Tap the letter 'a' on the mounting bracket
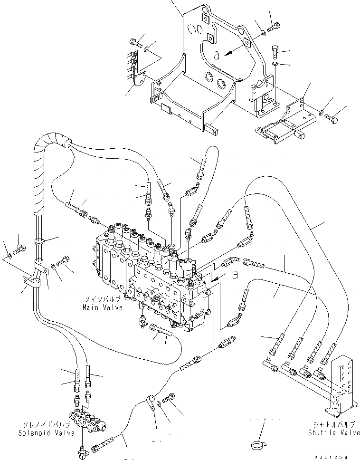click(217, 55)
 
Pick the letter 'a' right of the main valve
click(234, 274)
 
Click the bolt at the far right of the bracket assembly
click(333, 120)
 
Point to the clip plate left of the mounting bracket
click(136, 67)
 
